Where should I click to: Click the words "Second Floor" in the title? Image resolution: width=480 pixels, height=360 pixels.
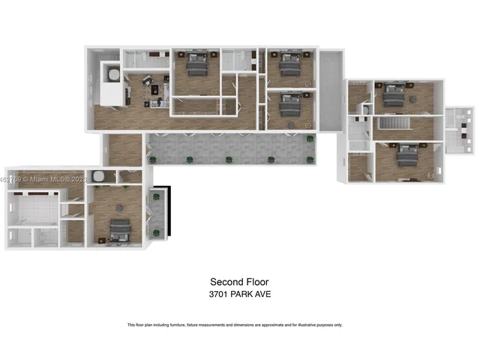coord(239,282)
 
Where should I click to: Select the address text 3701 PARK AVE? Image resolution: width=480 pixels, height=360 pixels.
coord(239,294)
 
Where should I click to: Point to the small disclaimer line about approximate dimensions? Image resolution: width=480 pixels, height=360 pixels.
coord(235,325)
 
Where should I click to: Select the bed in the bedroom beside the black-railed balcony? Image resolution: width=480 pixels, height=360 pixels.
coord(120,229)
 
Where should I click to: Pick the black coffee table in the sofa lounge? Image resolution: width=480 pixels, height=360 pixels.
coord(157,90)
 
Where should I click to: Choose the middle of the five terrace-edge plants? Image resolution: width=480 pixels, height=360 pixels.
coord(228,159)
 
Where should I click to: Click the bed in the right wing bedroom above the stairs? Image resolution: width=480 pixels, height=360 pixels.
coord(392,95)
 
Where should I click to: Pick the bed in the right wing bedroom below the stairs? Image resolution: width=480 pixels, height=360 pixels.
coord(407,154)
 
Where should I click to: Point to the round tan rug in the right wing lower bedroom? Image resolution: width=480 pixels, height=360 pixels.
coord(430,175)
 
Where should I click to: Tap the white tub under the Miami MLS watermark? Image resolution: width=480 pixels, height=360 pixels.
coord(97,178)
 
